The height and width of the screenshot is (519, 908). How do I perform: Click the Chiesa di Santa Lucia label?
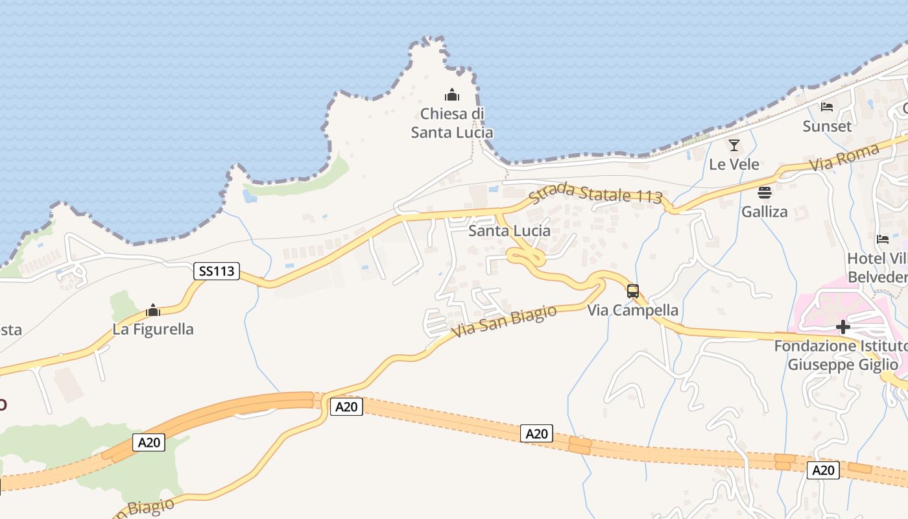click(x=452, y=123)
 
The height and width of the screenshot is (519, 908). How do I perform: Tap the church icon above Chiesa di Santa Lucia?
click(x=452, y=95)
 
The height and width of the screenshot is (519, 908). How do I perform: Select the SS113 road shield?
click(x=217, y=271)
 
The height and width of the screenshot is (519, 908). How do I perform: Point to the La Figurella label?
click(x=153, y=329)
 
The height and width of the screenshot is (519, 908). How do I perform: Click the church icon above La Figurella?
click(x=153, y=311)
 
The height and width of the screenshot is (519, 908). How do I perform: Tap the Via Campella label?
click(x=632, y=310)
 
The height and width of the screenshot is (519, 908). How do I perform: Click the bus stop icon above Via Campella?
click(x=633, y=291)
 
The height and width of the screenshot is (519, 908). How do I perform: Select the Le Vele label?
click(x=734, y=164)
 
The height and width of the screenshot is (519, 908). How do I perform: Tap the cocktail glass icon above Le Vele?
click(x=734, y=145)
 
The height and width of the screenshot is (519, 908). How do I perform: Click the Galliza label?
click(x=764, y=211)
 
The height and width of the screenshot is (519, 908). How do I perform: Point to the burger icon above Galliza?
click(x=765, y=193)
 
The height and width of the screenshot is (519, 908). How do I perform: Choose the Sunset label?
click(x=827, y=126)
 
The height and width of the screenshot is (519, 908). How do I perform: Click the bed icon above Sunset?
click(x=827, y=107)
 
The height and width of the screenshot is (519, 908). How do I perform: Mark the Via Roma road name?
click(x=844, y=158)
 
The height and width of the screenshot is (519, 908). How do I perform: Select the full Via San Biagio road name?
click(x=504, y=322)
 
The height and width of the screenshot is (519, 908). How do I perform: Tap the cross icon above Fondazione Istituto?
click(x=842, y=327)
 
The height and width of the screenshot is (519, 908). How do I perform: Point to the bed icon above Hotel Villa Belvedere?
click(x=883, y=239)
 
